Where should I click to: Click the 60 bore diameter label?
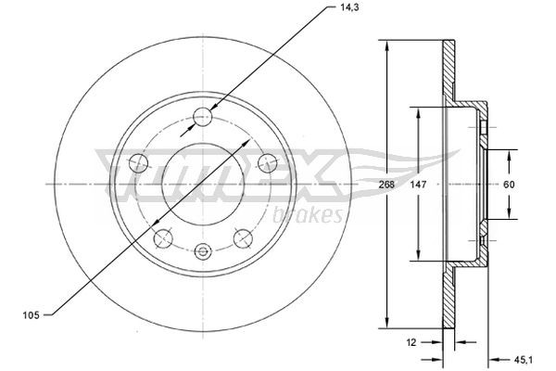coord(508,185)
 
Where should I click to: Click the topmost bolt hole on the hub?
coord(204,117)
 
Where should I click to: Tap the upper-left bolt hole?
coord(140,163)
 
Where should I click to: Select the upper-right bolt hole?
coord(268,163)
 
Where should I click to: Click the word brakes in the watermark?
coord(310,215)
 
